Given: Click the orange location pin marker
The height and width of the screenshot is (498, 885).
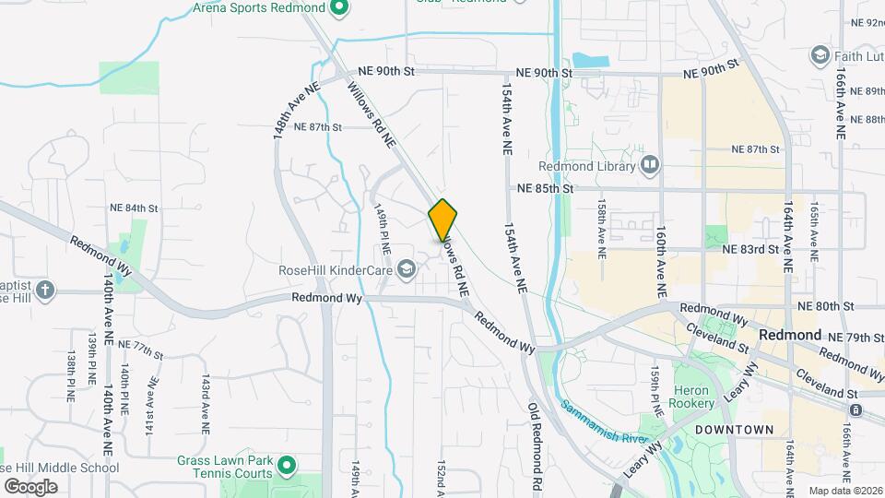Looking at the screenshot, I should (x=443, y=219).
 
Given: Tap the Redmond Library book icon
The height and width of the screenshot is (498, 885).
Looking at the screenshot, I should (x=651, y=166).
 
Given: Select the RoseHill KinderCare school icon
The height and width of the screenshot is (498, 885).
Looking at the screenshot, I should (x=405, y=269).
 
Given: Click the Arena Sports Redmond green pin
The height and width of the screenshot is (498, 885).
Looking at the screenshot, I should (x=338, y=8).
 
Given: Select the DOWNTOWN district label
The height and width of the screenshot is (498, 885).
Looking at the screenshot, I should (x=735, y=430).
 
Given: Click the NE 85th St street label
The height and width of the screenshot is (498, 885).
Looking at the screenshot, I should (x=545, y=189).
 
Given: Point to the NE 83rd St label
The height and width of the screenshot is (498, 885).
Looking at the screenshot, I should (x=750, y=249).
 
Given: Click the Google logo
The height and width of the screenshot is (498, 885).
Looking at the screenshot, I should (x=30, y=486).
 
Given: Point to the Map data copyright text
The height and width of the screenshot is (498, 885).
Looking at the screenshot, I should (x=844, y=491).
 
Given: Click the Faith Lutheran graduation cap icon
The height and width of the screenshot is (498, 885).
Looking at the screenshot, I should (x=819, y=56).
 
